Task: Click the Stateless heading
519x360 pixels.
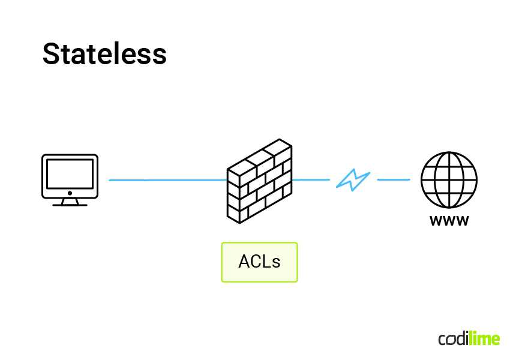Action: tap(104, 54)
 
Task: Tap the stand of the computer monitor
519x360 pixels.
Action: tap(70, 202)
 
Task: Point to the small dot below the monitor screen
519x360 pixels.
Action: tap(70, 193)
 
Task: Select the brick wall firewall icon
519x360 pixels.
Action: tap(259, 182)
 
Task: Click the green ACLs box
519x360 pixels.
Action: tap(259, 262)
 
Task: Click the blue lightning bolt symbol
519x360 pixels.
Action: tap(353, 179)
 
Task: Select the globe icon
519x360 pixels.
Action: tap(449, 179)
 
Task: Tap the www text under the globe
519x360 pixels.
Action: tap(449, 221)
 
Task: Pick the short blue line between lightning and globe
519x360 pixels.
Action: tap(393, 179)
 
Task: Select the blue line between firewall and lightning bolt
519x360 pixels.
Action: tap(311, 179)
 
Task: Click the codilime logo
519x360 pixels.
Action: tap(469, 338)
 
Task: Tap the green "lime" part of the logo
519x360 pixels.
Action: tap(485, 338)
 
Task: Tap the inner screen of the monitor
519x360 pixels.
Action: tap(70, 174)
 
